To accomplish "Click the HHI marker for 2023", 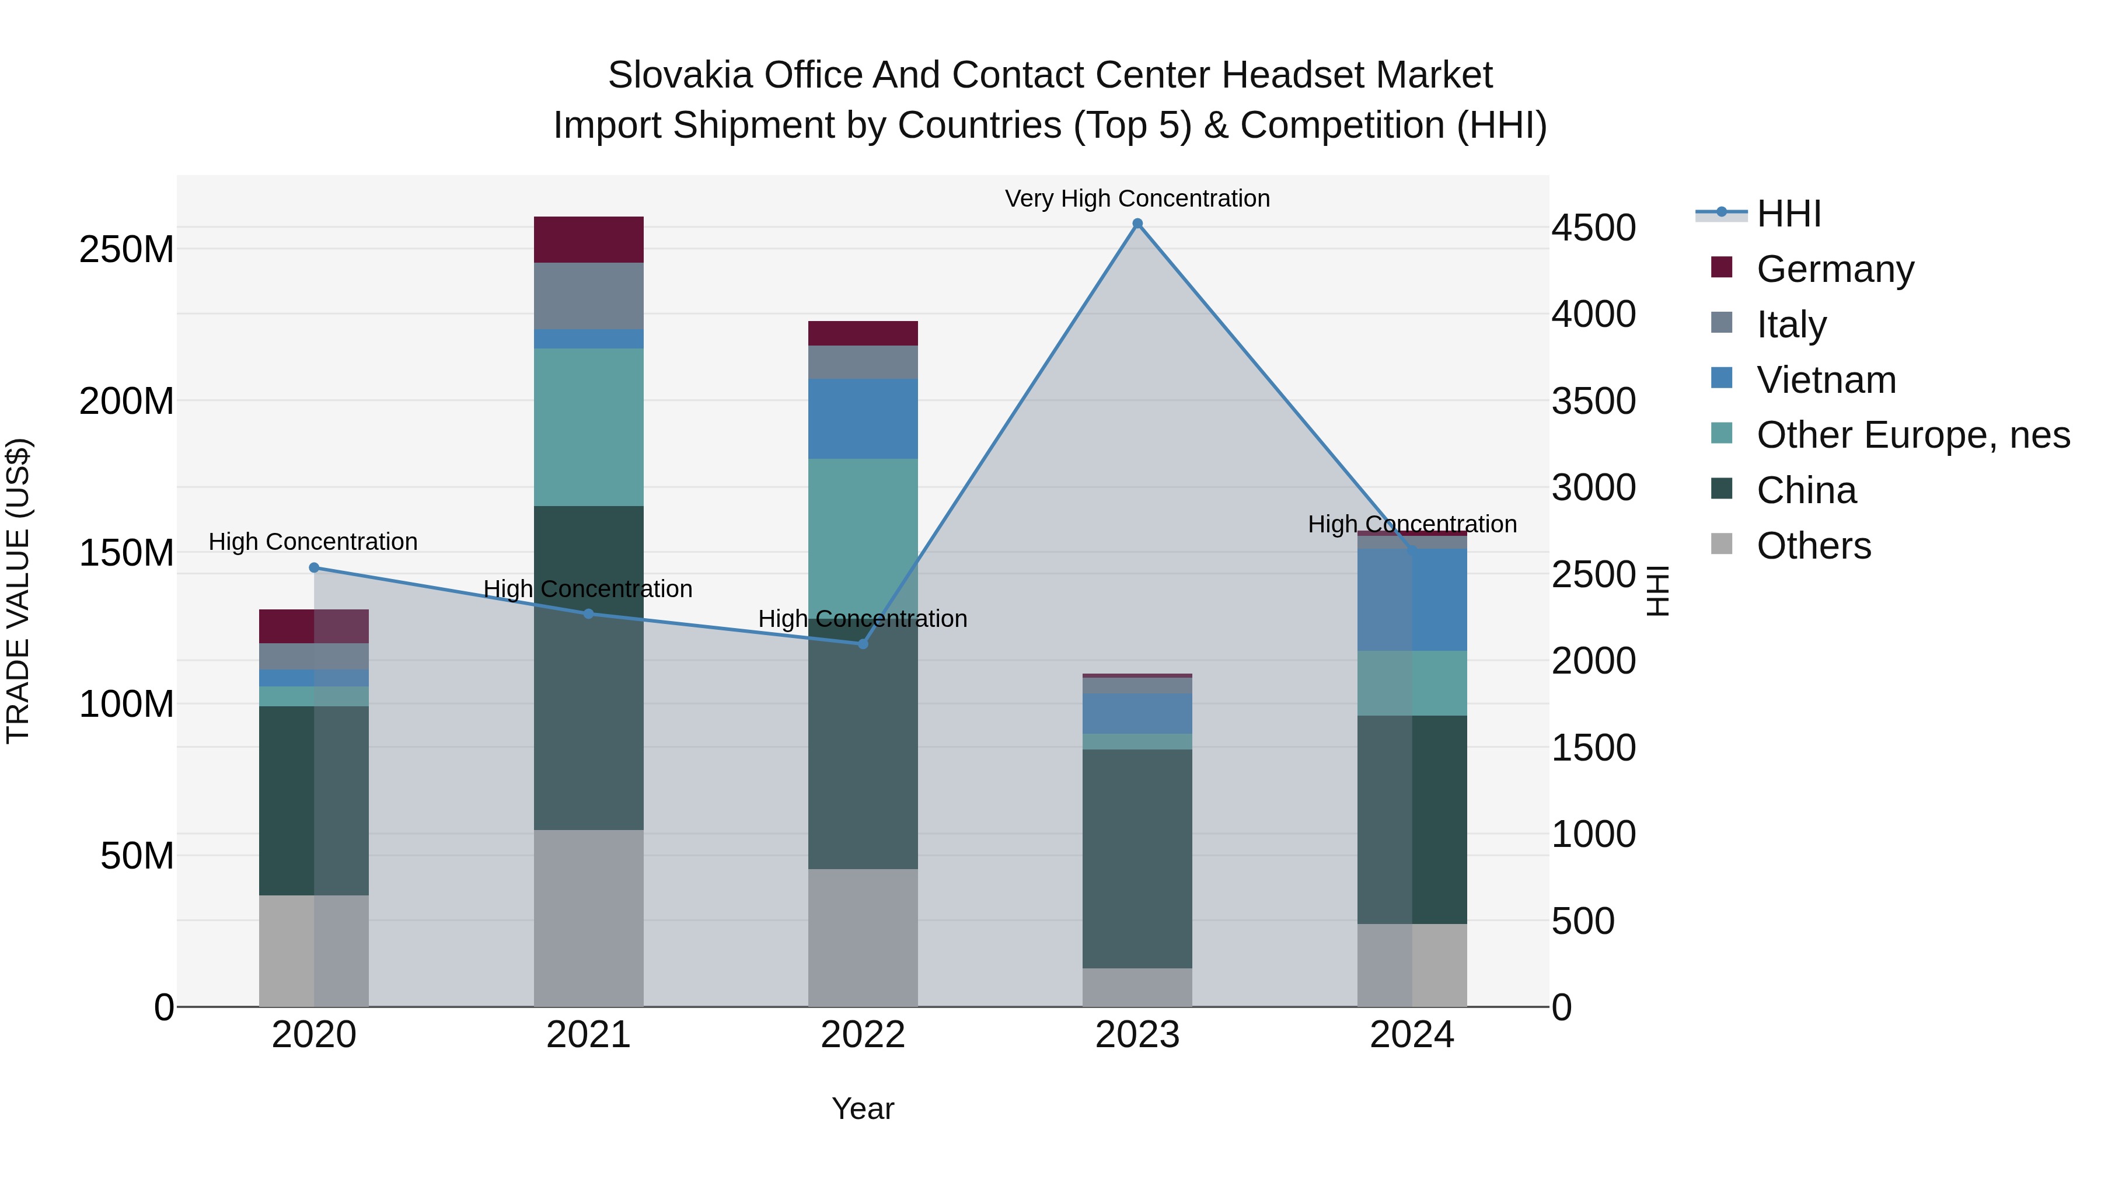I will [x=1137, y=224].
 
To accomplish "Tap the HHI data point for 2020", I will [x=314, y=568].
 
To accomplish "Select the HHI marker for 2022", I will [x=863, y=644].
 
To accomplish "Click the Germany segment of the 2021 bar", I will [x=588, y=240].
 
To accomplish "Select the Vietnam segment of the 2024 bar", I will [x=1412, y=599].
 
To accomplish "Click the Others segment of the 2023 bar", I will [x=1137, y=987].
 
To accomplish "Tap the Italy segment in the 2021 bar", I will [x=588, y=295].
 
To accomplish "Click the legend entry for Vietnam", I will [x=1826, y=380].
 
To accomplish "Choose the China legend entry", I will [x=1806, y=491].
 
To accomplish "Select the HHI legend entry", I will [x=1788, y=214].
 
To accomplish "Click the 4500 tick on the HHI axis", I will [x=1593, y=228].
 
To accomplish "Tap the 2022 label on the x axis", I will [x=863, y=1035].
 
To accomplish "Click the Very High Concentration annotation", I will [x=1137, y=199].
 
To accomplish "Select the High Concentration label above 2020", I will [x=313, y=542].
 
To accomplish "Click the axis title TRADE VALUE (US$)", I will [x=18, y=591].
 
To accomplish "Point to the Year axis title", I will [x=863, y=1108].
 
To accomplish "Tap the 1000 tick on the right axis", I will [x=1593, y=835].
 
